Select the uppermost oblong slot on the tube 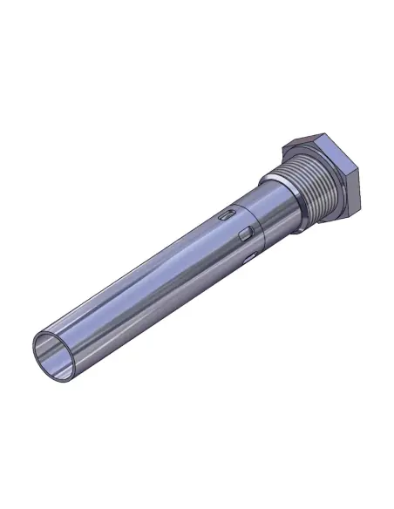point(226,213)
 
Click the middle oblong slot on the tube point(246,233)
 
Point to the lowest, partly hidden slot point(250,257)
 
